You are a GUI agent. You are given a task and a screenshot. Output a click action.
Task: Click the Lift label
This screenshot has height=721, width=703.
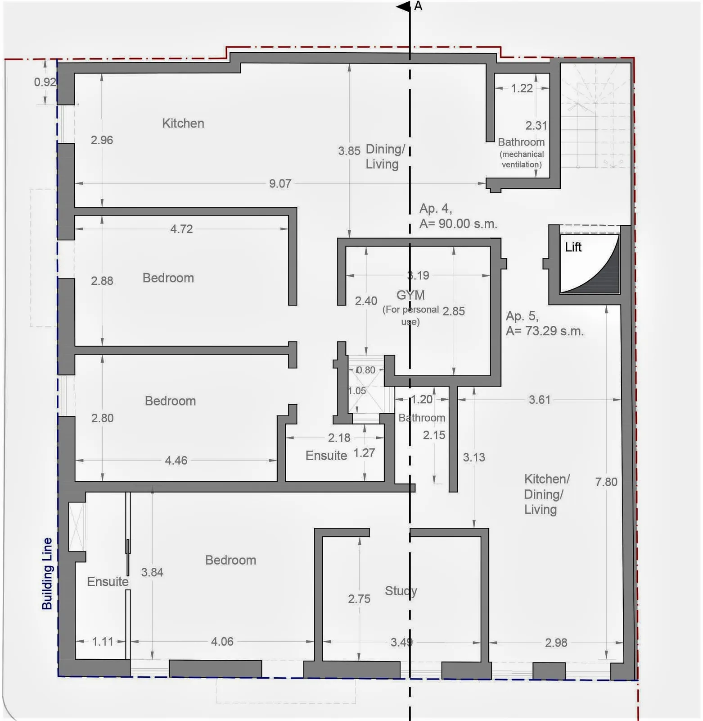pyautogui.click(x=573, y=247)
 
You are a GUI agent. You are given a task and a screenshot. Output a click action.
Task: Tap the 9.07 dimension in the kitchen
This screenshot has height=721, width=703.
pyautogui.click(x=280, y=183)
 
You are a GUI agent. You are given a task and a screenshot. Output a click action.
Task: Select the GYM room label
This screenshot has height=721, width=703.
pyautogui.click(x=410, y=295)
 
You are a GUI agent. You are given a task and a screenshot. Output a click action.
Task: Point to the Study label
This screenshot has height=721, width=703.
pyautogui.click(x=401, y=591)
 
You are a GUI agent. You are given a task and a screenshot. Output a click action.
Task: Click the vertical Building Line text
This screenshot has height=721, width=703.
pyautogui.click(x=47, y=574)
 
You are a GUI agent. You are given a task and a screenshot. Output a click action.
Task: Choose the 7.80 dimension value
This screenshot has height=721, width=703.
pyautogui.click(x=606, y=482)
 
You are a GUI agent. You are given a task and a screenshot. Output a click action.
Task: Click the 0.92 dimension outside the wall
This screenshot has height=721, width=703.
pyautogui.click(x=45, y=82)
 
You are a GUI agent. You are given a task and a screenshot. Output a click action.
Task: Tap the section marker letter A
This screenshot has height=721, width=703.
pyautogui.click(x=418, y=6)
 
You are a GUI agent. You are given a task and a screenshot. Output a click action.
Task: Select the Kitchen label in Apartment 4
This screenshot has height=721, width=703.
pyautogui.click(x=183, y=123)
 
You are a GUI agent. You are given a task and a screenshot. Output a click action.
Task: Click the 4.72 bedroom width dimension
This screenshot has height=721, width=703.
pyautogui.click(x=181, y=229)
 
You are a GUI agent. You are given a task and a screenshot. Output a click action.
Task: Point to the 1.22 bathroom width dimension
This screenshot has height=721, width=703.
pyautogui.click(x=522, y=88)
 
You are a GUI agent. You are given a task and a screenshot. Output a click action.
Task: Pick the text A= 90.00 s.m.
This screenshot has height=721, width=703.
pyautogui.click(x=458, y=224)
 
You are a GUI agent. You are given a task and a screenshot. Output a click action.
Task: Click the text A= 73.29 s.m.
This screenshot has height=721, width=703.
pyautogui.click(x=545, y=331)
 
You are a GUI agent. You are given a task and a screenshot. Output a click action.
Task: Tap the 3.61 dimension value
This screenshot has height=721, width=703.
pyautogui.click(x=539, y=400)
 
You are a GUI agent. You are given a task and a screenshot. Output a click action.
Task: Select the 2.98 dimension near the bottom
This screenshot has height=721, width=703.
pyautogui.click(x=556, y=643)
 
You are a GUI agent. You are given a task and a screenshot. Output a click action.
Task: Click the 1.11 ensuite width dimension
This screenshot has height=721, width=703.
pyautogui.click(x=103, y=641)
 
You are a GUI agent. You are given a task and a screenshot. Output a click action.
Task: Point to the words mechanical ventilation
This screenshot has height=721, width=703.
pyautogui.click(x=522, y=159)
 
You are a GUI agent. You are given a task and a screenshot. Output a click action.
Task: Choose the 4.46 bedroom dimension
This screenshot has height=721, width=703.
pyautogui.click(x=176, y=460)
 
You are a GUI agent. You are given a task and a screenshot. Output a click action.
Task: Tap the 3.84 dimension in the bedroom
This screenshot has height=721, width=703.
pyautogui.click(x=152, y=572)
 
